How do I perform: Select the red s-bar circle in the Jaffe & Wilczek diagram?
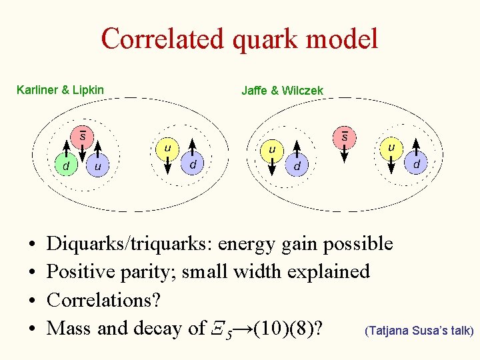(345, 136)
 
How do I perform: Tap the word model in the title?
(343, 39)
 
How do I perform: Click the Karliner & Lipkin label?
(60, 89)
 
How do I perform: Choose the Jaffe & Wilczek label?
(282, 90)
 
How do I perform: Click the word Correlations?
(103, 300)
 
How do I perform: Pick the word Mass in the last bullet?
(70, 328)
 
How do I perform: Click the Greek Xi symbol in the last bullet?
(215, 328)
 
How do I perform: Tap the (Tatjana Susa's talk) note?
(419, 330)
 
